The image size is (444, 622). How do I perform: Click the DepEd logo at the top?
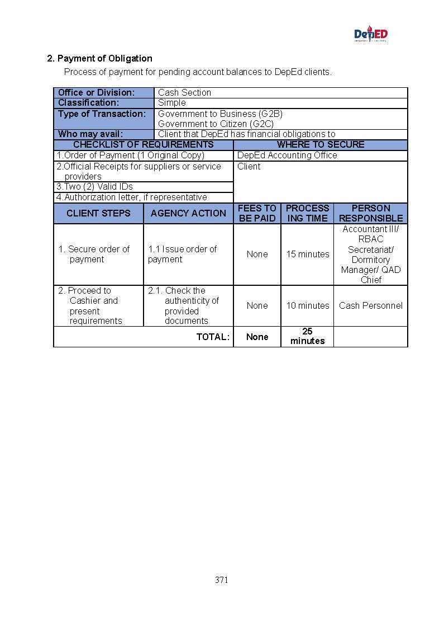[x=370, y=35]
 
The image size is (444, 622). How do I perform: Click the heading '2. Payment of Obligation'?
[x=99, y=58]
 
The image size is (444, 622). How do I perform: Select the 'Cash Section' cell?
[x=184, y=93]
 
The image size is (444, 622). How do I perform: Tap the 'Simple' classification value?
[x=172, y=103]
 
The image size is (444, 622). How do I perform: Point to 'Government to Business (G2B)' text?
[x=220, y=114]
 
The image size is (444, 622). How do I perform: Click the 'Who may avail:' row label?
[x=90, y=134]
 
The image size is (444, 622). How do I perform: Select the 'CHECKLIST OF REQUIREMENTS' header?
[x=144, y=145]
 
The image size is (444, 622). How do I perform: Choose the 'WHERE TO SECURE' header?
[x=321, y=145]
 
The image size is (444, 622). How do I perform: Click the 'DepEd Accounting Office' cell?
[x=287, y=155]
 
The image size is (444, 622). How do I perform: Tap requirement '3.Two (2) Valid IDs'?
[x=95, y=187]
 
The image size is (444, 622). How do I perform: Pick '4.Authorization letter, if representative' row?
[x=132, y=197]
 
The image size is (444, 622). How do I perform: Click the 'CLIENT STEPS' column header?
[x=98, y=213]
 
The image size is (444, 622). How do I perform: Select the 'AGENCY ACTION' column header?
[x=188, y=213]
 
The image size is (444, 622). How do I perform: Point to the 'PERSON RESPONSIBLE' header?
[x=371, y=213]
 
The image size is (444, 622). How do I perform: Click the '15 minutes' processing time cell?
[x=308, y=255]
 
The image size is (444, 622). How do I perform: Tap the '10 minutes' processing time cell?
[x=308, y=306]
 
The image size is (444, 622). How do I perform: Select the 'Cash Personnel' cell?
[x=371, y=306]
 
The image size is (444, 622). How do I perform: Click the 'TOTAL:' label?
[x=213, y=337]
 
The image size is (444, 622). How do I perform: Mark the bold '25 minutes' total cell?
[x=307, y=336]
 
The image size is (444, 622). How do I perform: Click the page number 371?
[x=222, y=580]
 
